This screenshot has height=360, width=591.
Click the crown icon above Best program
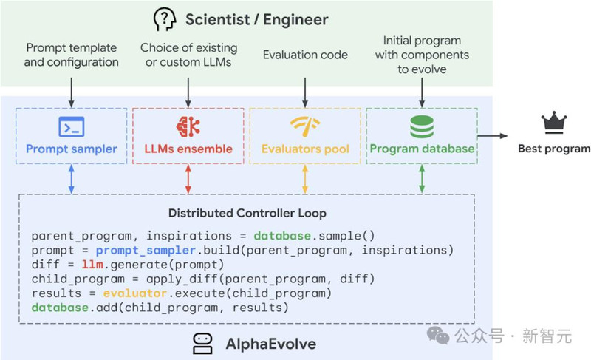553,123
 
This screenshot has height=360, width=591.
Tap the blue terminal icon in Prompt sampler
71,126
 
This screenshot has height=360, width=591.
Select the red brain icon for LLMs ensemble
188,126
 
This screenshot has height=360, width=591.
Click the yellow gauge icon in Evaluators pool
305,126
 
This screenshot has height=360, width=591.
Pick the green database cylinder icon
422,126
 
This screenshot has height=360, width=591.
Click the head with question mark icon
165,20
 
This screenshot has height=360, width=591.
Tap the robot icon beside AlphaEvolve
202,344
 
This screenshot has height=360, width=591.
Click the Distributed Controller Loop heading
247,213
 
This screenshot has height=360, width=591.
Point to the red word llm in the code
92,265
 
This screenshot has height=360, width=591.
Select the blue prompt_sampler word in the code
146,251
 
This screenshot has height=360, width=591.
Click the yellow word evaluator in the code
134,293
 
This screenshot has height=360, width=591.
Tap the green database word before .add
60,308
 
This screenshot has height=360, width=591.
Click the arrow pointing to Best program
493,136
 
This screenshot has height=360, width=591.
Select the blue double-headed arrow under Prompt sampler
71,179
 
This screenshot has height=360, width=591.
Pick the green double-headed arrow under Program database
422,179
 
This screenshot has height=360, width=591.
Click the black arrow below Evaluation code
305,92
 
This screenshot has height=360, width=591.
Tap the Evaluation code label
305,55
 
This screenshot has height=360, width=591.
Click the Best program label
554,149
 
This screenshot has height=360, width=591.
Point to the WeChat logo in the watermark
438,335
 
